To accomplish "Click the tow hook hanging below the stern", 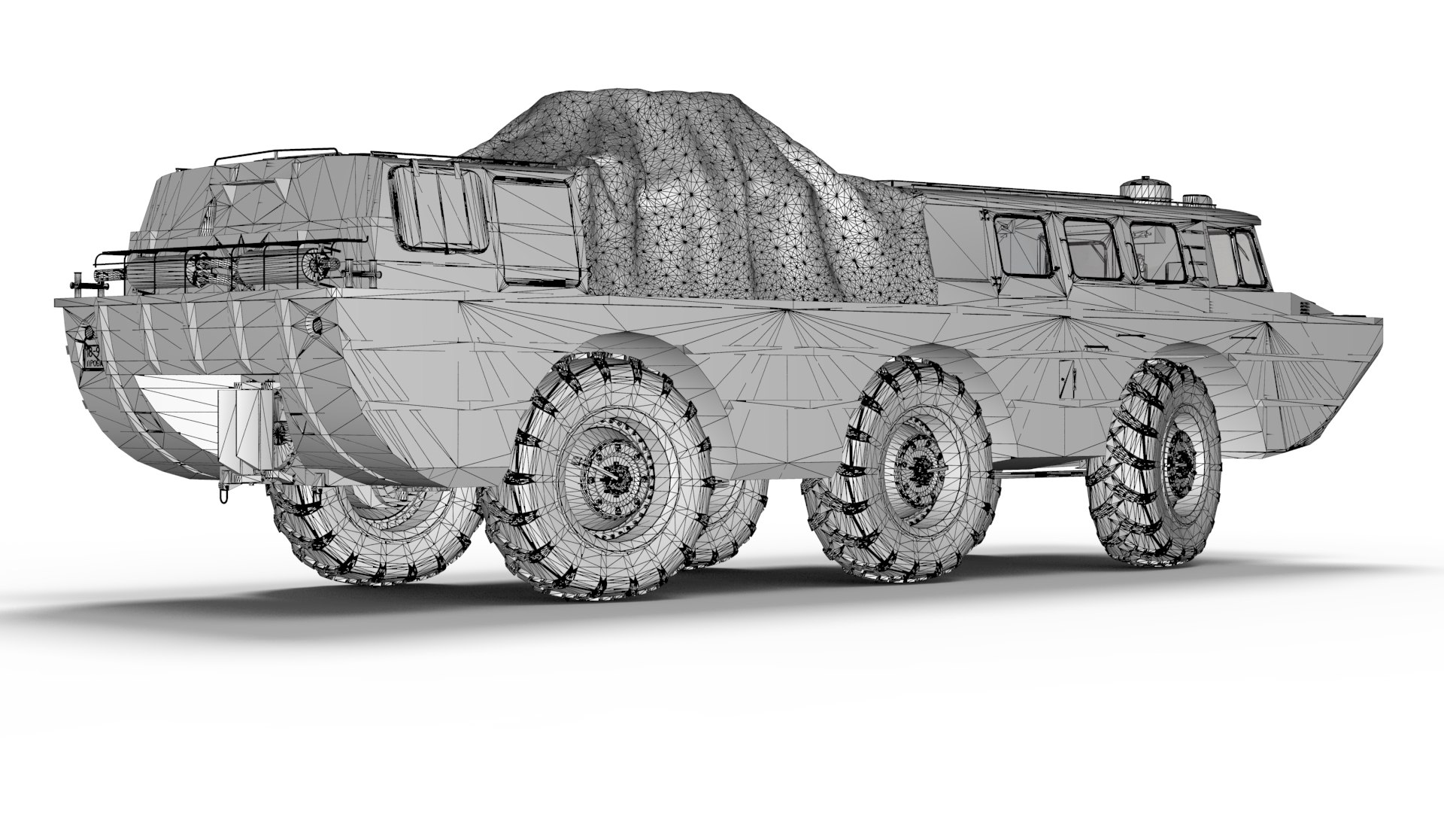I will [223, 497].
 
